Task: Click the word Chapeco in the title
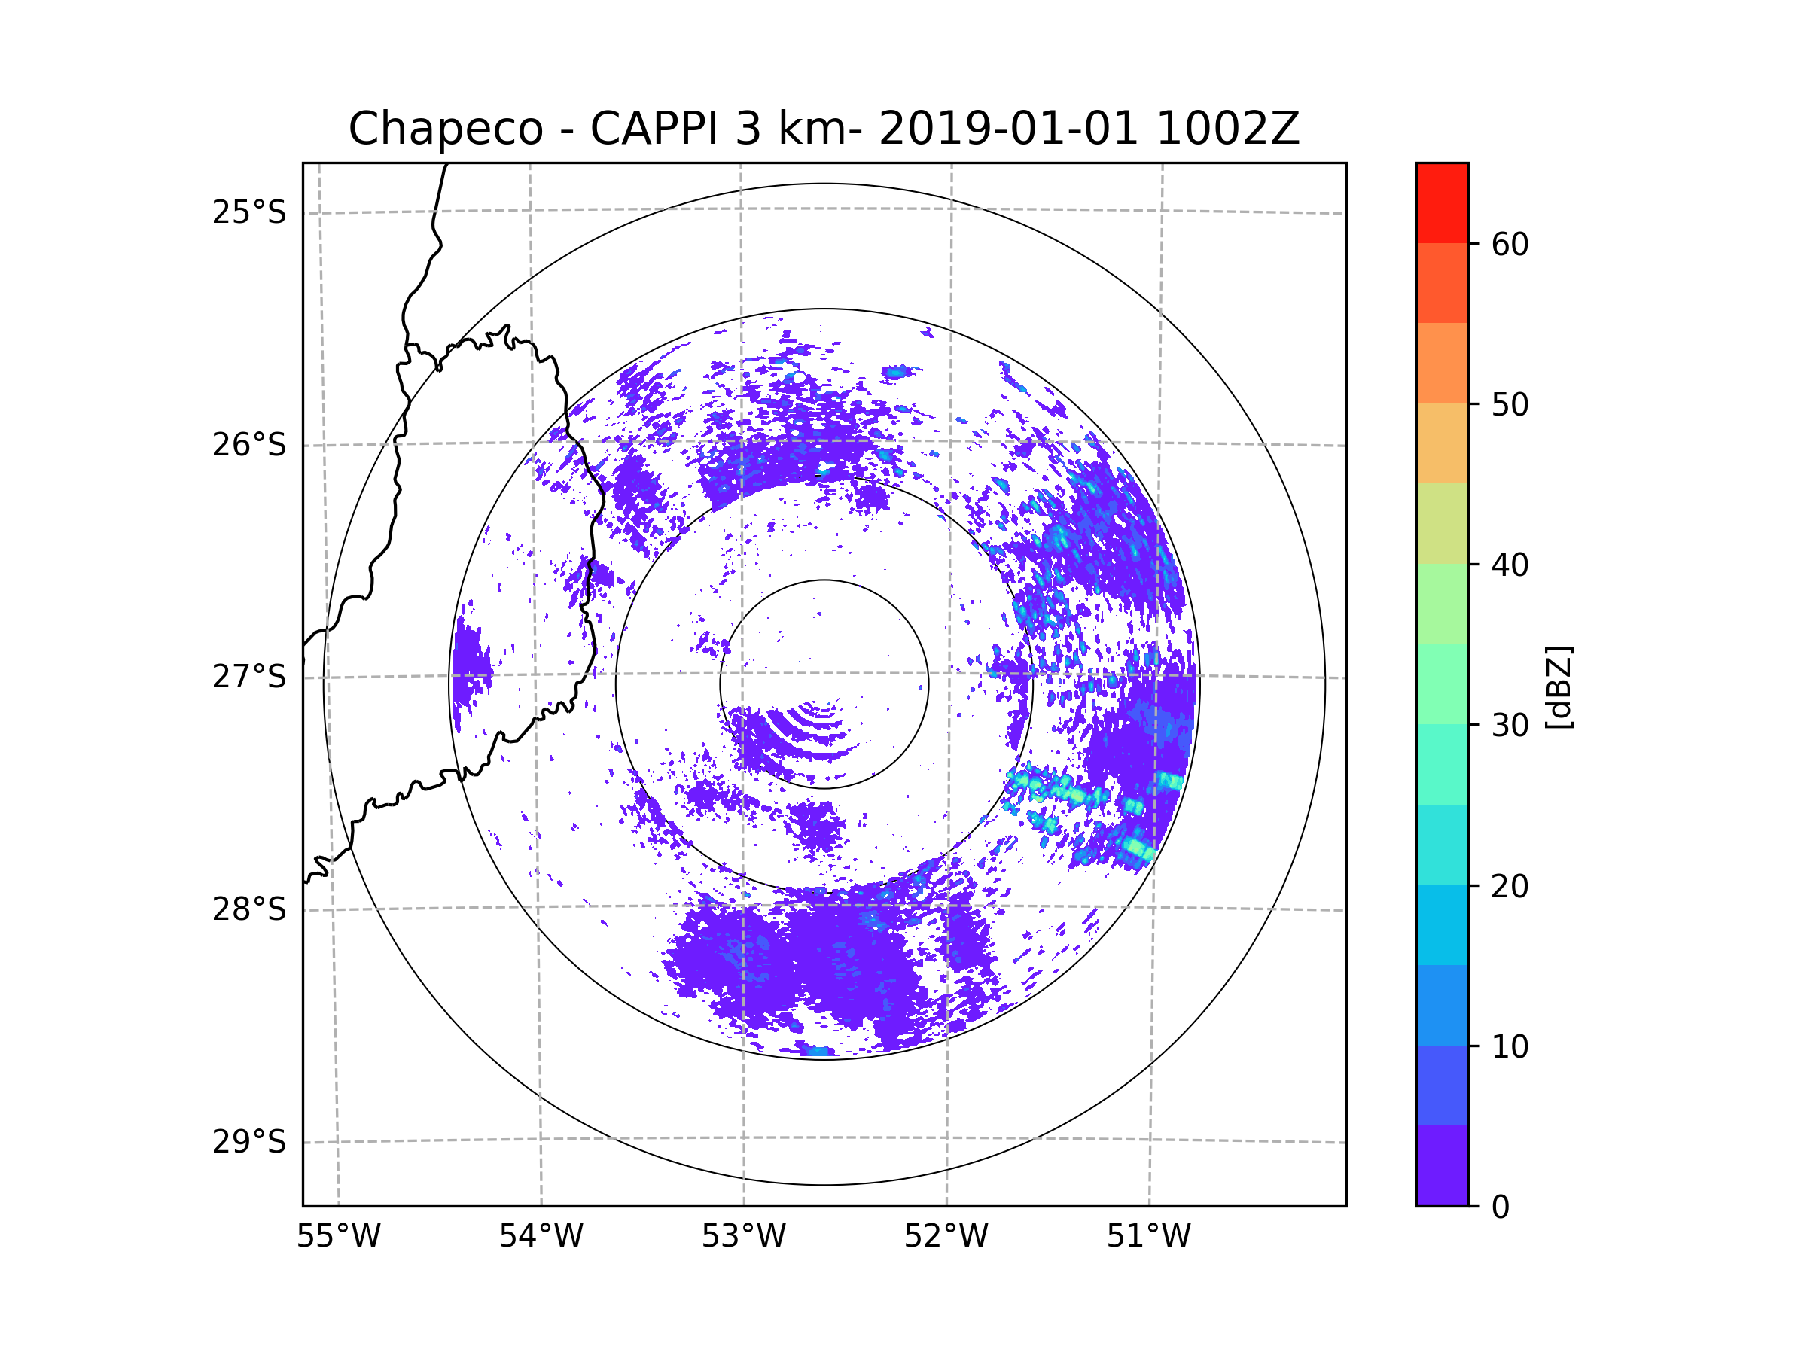click(445, 129)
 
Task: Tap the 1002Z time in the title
click(1227, 129)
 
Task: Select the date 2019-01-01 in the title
click(1008, 129)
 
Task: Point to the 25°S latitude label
click(249, 212)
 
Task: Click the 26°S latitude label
click(249, 445)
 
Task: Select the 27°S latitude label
click(249, 677)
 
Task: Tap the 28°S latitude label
click(249, 909)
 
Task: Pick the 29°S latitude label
click(249, 1142)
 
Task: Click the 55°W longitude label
click(338, 1237)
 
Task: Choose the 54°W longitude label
click(541, 1237)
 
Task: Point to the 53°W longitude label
click(743, 1237)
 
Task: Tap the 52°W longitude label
click(946, 1237)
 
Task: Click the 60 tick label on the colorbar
click(1510, 244)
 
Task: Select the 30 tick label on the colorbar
click(1510, 725)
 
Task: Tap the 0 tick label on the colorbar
click(1501, 1207)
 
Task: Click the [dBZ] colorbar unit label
click(1559, 688)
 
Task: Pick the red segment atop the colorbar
click(1442, 202)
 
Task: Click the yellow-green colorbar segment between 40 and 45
click(1442, 523)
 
